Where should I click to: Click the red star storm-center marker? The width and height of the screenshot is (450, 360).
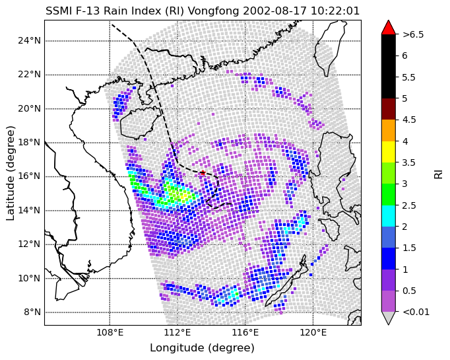pyautogui.click(x=203, y=172)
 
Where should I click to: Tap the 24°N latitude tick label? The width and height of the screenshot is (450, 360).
pyautogui.click(x=29, y=41)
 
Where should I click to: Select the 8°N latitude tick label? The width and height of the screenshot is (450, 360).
pyautogui.click(x=32, y=312)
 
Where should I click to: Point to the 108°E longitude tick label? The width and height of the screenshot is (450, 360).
pyautogui.click(x=110, y=333)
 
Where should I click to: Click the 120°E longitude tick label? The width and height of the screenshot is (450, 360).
pyautogui.click(x=313, y=333)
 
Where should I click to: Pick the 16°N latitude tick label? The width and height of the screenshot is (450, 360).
pyautogui.click(x=29, y=176)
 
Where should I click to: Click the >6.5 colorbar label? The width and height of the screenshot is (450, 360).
pyautogui.click(x=413, y=34)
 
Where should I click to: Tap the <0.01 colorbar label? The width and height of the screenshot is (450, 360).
pyautogui.click(x=416, y=312)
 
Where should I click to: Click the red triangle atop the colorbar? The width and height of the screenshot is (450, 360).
pyautogui.click(x=389, y=28)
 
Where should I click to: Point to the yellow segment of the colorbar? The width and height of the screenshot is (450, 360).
pyautogui.click(x=389, y=152)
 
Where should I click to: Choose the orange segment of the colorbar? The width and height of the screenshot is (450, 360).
pyautogui.click(x=389, y=130)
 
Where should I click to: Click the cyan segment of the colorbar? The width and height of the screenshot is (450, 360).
pyautogui.click(x=389, y=216)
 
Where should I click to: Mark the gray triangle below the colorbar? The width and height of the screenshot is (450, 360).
pyautogui.click(x=389, y=318)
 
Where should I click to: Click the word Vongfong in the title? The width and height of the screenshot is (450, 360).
pyautogui.click(x=213, y=11)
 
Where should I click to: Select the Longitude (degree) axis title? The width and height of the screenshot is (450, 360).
pyautogui.click(x=203, y=348)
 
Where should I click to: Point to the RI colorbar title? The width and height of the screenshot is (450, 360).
pyautogui.click(x=439, y=173)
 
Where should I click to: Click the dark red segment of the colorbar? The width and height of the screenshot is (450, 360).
pyautogui.click(x=389, y=109)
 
